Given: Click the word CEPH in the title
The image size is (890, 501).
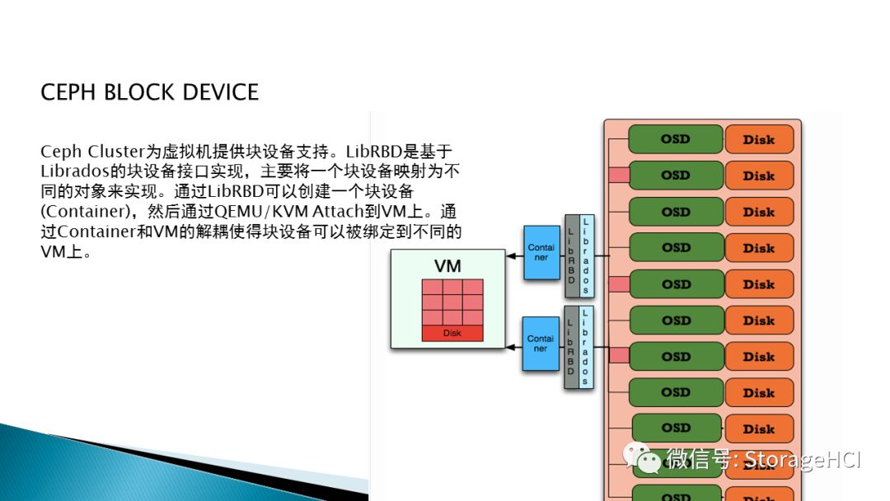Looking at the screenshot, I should [69, 91].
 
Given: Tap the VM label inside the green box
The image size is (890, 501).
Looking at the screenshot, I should [447, 266].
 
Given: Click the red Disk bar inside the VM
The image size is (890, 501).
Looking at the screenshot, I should [452, 333].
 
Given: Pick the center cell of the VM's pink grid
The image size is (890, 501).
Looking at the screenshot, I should [452, 302].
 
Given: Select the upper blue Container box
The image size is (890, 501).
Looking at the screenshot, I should [541, 252].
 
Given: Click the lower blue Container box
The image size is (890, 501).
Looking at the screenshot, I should [541, 344].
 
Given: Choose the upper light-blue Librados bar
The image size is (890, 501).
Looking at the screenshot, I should [586, 256].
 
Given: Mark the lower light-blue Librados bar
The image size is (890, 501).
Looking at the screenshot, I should [586, 347].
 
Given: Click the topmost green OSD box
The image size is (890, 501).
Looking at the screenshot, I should [675, 139].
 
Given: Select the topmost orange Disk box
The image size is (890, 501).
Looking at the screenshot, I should [759, 139].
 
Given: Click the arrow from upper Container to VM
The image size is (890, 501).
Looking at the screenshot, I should [515, 256].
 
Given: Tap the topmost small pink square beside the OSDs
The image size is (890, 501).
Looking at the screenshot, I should [618, 176].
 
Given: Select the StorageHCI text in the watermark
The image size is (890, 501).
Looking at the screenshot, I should [803, 459].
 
